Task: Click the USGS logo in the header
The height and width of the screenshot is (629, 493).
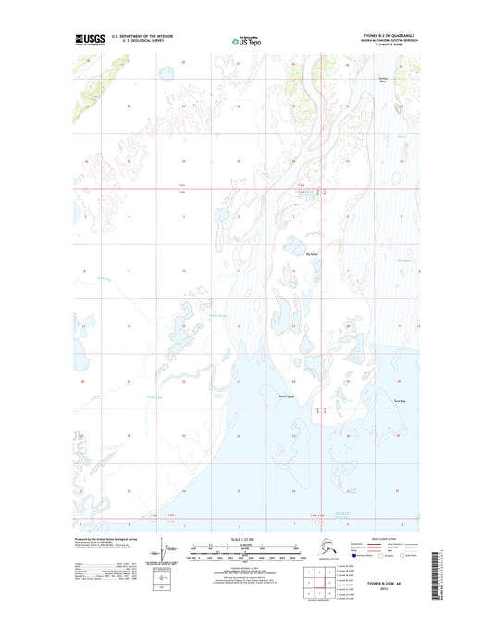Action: pyautogui.click(x=90, y=40)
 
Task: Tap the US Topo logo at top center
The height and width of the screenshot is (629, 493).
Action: pyautogui.click(x=246, y=41)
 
